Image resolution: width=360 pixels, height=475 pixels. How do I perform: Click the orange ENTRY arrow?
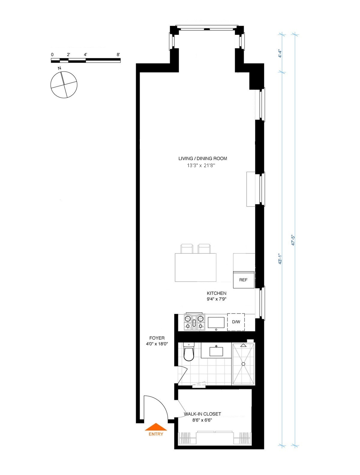click(x=156, y=427)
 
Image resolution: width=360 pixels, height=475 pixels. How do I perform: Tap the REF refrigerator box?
click(x=244, y=280)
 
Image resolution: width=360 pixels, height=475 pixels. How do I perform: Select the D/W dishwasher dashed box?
click(x=236, y=322)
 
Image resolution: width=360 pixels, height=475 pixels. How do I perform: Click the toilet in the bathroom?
click(x=189, y=353)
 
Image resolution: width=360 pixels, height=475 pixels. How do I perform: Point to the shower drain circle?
click(x=243, y=364)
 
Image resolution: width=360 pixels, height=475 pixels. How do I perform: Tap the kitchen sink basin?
click(x=216, y=322)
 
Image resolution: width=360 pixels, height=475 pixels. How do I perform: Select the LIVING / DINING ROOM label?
click(x=202, y=158)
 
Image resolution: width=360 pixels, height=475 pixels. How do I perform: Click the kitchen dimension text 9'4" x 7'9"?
click(x=217, y=299)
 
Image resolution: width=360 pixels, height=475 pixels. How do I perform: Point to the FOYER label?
click(x=157, y=338)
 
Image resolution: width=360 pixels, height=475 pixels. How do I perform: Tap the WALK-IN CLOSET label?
click(x=202, y=414)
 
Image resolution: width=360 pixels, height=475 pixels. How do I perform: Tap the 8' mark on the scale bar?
click(x=118, y=55)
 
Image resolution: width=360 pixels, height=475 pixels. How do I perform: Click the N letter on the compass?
click(x=59, y=68)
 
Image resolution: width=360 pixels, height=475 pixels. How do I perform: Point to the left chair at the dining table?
click(x=187, y=249)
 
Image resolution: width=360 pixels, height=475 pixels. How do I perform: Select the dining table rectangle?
click(x=195, y=267)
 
